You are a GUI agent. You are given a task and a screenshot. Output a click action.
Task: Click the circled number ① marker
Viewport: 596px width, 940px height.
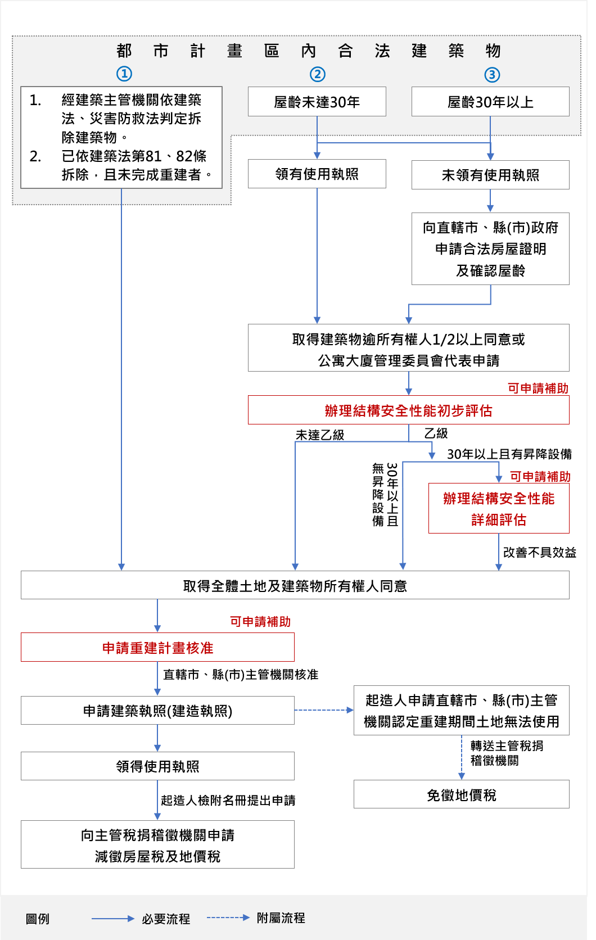(x=124, y=74)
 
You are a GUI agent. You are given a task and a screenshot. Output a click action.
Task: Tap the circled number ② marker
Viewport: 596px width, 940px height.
(x=318, y=74)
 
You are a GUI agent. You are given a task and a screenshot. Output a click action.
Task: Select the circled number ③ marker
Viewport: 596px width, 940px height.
(x=492, y=75)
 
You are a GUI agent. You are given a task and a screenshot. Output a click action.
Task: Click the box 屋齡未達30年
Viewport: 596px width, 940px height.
(x=317, y=102)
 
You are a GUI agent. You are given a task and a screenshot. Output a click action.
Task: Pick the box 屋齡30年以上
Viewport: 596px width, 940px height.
(x=490, y=102)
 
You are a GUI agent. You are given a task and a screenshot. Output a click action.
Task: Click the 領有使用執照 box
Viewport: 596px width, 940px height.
(x=317, y=174)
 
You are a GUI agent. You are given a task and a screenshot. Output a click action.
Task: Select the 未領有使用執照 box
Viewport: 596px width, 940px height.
(x=490, y=175)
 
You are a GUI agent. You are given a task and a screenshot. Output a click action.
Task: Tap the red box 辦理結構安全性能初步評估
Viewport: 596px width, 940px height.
(x=408, y=410)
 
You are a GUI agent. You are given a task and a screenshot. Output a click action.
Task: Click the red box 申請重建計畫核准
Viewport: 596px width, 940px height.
(x=157, y=648)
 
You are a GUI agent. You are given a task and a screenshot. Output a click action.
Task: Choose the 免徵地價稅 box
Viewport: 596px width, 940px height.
(x=461, y=794)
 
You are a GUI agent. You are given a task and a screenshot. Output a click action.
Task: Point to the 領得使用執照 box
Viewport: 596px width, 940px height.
(x=157, y=766)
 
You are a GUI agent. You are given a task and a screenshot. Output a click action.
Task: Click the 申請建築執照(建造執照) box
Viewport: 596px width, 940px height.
(x=157, y=711)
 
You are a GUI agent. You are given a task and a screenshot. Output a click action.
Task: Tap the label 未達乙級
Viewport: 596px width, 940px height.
(x=320, y=435)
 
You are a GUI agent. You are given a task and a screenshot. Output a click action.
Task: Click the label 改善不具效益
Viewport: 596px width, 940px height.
(x=539, y=552)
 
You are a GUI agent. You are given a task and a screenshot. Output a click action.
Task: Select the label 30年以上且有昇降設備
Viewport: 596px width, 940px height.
(x=509, y=454)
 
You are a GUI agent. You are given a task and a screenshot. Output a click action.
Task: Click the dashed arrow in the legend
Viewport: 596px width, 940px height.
(x=228, y=918)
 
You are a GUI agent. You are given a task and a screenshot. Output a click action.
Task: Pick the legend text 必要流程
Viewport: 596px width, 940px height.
(x=166, y=919)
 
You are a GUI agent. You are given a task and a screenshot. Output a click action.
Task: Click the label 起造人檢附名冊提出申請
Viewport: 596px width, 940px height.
(x=228, y=800)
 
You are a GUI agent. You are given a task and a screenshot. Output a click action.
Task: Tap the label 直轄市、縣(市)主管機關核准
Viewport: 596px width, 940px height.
(x=241, y=674)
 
